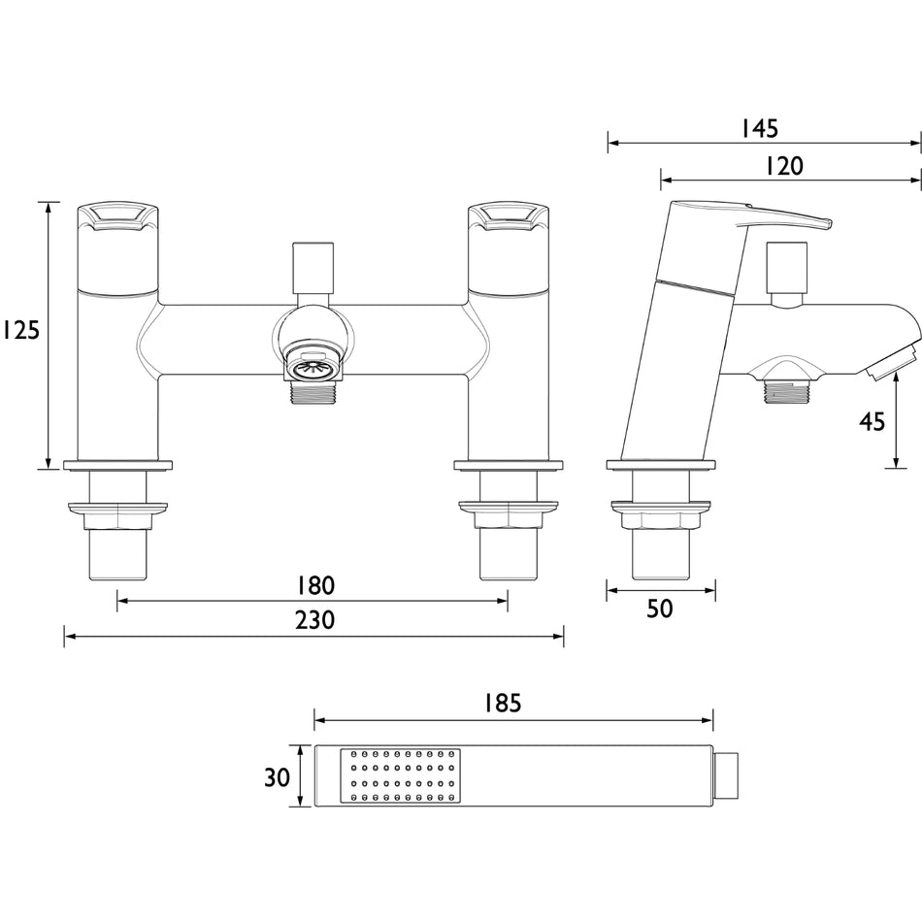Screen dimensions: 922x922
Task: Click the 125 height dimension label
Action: (x=21, y=330)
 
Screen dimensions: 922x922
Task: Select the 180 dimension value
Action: (x=315, y=585)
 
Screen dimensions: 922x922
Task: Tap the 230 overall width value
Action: (x=315, y=620)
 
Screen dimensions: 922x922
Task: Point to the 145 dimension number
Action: (x=760, y=129)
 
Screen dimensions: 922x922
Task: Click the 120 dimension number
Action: (x=785, y=166)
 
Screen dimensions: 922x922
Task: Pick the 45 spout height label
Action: (x=873, y=421)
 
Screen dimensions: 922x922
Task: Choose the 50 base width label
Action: (x=660, y=609)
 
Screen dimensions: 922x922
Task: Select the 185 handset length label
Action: (x=503, y=703)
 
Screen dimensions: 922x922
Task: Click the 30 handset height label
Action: (x=277, y=777)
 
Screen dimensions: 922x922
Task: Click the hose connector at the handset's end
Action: (x=726, y=775)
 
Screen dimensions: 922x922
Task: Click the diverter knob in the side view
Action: (x=787, y=274)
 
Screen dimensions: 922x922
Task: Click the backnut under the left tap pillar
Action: (x=118, y=515)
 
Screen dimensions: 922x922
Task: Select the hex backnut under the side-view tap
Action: (x=661, y=515)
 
